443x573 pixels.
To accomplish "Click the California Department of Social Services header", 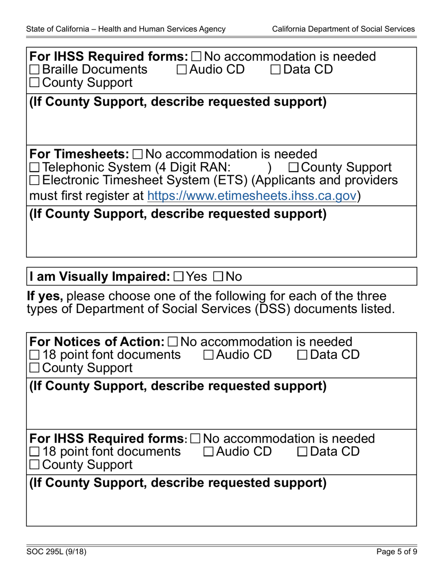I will (343, 29).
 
